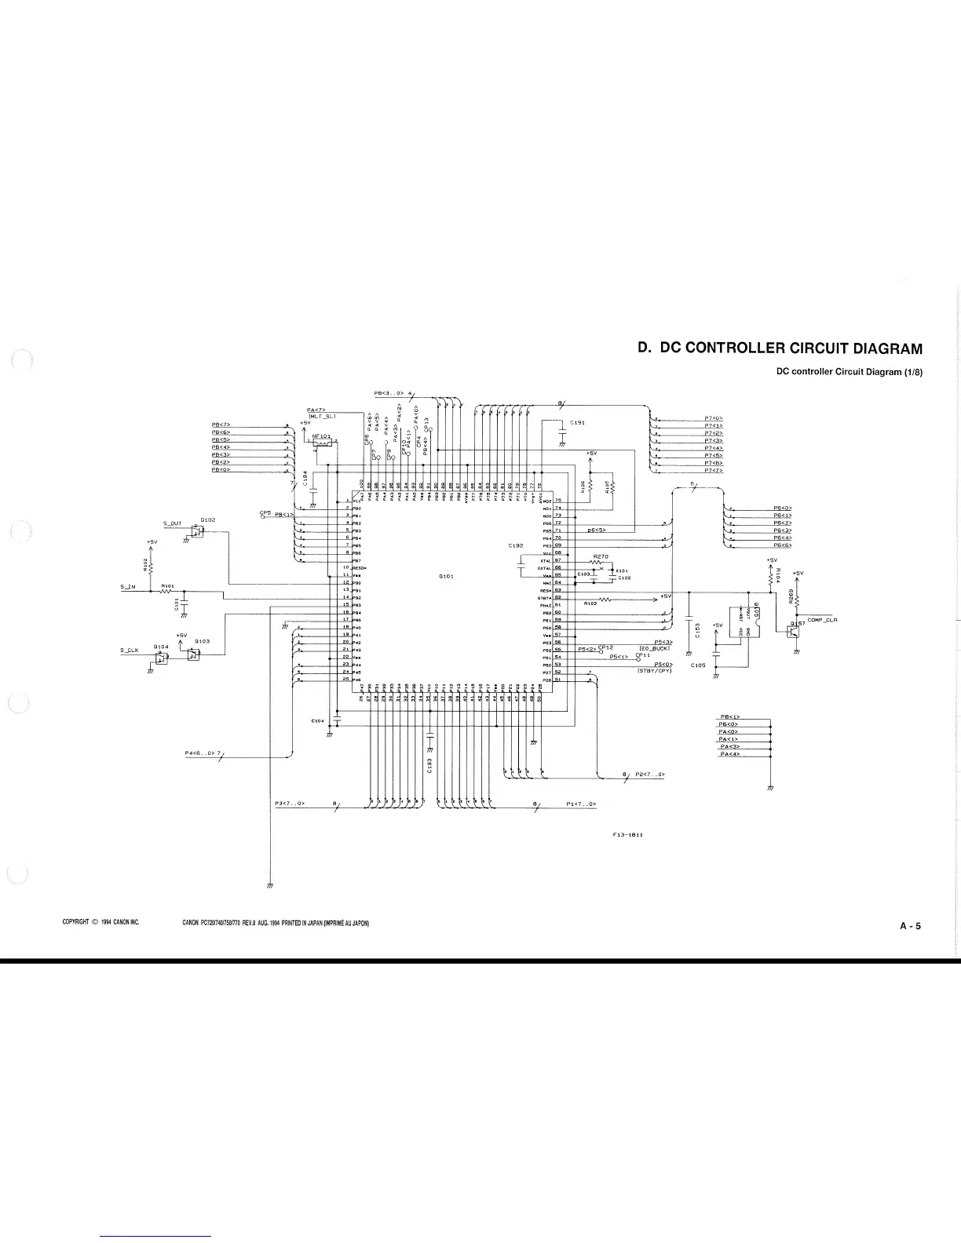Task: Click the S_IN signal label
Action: (128, 587)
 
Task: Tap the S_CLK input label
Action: (129, 650)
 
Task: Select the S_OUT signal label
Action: (172, 523)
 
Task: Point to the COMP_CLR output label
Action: (823, 620)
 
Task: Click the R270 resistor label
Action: (601, 556)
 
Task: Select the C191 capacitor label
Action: (577, 422)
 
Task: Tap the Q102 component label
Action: (208, 519)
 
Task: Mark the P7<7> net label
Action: (714, 470)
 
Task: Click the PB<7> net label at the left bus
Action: (221, 425)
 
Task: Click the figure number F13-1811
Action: (628, 836)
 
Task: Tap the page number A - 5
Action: (910, 926)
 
